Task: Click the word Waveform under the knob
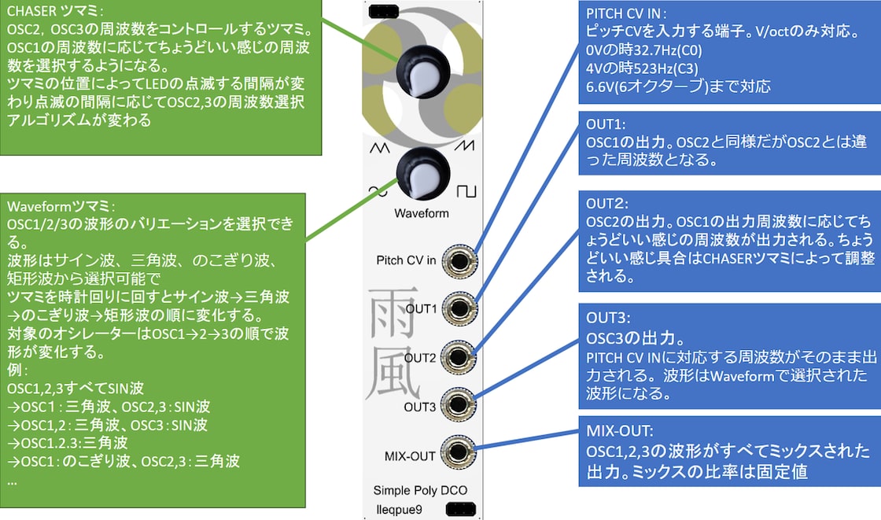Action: pyautogui.click(x=422, y=213)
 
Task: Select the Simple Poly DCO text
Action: pyautogui.click(x=420, y=491)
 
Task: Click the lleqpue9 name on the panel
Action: pyautogui.click(x=398, y=510)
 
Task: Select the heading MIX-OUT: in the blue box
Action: pyautogui.click(x=619, y=431)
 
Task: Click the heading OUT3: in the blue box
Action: pyautogui.click(x=607, y=317)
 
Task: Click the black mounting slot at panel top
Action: pyautogui.click(x=383, y=10)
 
